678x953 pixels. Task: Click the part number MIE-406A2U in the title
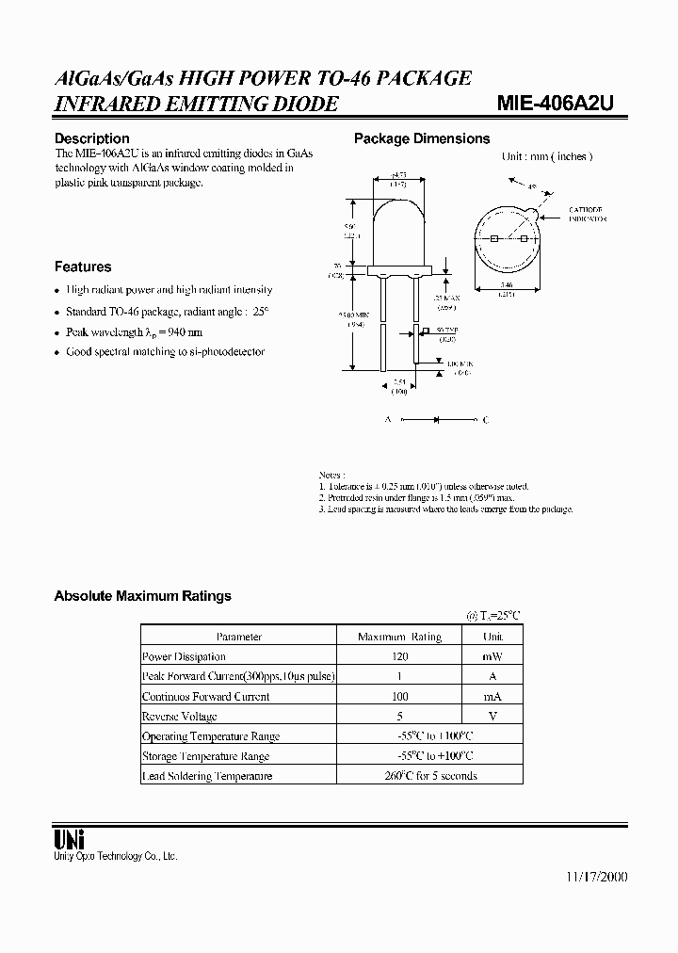pyautogui.click(x=556, y=104)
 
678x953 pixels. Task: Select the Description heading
pyautogui.click(x=92, y=138)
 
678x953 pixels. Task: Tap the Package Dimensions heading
pyautogui.click(x=422, y=138)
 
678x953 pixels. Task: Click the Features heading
pyautogui.click(x=83, y=267)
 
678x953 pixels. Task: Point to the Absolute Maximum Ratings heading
pyautogui.click(x=142, y=596)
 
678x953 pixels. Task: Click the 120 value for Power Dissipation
pyautogui.click(x=399, y=656)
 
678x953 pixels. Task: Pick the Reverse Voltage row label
pyautogui.click(x=179, y=717)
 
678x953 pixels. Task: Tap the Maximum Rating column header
pyautogui.click(x=399, y=637)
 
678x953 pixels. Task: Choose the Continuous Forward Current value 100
pyautogui.click(x=399, y=697)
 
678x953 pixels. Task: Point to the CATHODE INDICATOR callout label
pyautogui.click(x=585, y=214)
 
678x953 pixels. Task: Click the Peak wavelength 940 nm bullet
pyautogui.click(x=134, y=332)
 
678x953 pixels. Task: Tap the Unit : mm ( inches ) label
pyautogui.click(x=547, y=157)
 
